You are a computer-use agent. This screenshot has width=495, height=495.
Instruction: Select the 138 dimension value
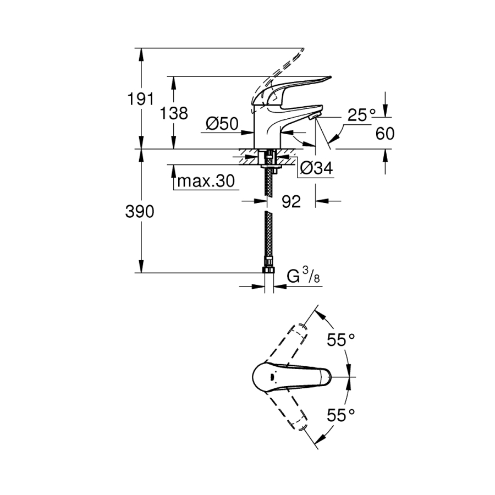173,113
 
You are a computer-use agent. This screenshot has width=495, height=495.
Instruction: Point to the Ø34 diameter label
317,168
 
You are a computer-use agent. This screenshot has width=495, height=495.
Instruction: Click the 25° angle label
361,115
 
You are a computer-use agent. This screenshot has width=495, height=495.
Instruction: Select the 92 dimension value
291,202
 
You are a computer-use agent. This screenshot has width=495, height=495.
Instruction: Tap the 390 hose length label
140,211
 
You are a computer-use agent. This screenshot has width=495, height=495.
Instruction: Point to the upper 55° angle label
340,340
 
